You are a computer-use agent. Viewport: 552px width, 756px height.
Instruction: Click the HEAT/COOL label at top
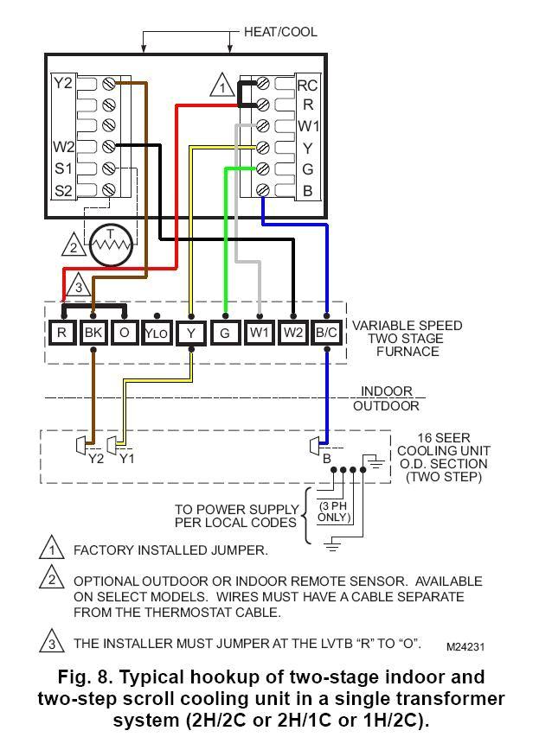coord(280,32)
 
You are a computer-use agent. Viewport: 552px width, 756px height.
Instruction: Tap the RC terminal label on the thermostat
coord(307,85)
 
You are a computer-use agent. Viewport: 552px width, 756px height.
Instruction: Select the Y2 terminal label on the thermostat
coord(63,84)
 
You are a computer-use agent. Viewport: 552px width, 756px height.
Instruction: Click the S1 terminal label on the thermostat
coord(63,168)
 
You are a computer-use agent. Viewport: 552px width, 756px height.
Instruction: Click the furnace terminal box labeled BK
coord(93,331)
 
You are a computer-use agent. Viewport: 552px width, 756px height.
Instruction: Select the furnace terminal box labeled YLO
coord(156,331)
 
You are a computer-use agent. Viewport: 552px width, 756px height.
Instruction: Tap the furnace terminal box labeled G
coord(225,331)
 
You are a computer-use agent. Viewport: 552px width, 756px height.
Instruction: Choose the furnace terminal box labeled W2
coord(294,331)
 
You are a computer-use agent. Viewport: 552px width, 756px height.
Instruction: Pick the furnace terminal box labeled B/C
coord(328,331)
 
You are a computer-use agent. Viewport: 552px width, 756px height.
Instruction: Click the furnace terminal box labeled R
coord(61,331)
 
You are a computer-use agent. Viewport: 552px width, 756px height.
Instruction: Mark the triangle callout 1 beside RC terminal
coord(222,86)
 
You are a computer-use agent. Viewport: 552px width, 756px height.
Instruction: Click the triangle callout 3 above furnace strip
coord(77,285)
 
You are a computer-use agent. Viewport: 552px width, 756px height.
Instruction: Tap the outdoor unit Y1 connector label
coord(126,459)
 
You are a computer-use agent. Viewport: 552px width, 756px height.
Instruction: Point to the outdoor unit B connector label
coord(326,459)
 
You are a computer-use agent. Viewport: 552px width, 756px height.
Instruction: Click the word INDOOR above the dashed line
coord(387,391)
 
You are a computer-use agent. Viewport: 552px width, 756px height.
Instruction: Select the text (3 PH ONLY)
coord(333,511)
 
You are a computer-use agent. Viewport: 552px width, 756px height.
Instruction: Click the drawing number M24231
coord(466,645)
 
